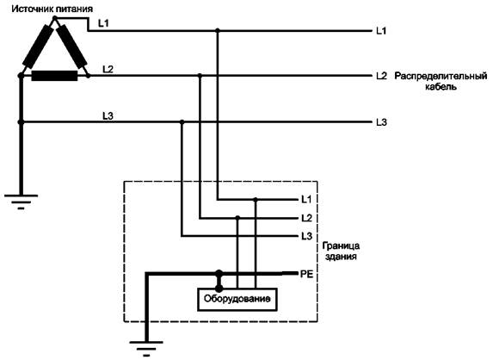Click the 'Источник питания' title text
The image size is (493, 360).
click(52, 9)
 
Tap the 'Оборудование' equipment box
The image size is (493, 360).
click(237, 299)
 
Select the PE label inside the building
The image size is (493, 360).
click(306, 274)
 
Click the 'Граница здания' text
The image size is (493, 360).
click(341, 251)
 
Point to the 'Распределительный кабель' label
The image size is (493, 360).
click(441, 81)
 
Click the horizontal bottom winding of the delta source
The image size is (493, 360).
click(54, 76)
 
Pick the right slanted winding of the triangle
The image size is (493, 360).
click(71, 47)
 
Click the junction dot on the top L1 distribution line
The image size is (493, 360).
click(218, 30)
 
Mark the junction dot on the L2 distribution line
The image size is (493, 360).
click(200, 76)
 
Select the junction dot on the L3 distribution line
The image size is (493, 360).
click(182, 121)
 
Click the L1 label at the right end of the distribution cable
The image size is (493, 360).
click(381, 31)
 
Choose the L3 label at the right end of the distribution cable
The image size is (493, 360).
click(381, 122)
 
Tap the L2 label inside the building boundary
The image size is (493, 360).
click(306, 218)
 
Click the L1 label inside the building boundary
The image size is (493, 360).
click(306, 199)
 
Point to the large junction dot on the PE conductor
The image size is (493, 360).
click(219, 273)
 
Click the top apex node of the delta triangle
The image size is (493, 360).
click(55, 18)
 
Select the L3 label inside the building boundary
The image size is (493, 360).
click(306, 236)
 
